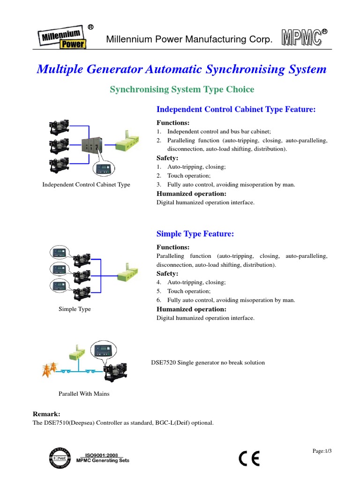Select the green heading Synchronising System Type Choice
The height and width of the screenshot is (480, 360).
(182, 89)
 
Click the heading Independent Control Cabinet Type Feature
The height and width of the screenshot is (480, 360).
(236, 109)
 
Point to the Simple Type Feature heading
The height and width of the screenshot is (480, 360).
(195, 233)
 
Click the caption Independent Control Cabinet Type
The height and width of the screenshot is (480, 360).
(86, 185)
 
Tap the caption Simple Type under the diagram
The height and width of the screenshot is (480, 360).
(75, 309)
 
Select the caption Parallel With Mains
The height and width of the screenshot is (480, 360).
(84, 394)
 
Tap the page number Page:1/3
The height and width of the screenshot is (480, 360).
(322, 451)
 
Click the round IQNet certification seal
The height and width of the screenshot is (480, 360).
(60, 458)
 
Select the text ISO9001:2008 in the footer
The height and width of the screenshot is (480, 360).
(101, 455)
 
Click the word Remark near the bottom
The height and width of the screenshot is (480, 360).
(46, 414)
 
